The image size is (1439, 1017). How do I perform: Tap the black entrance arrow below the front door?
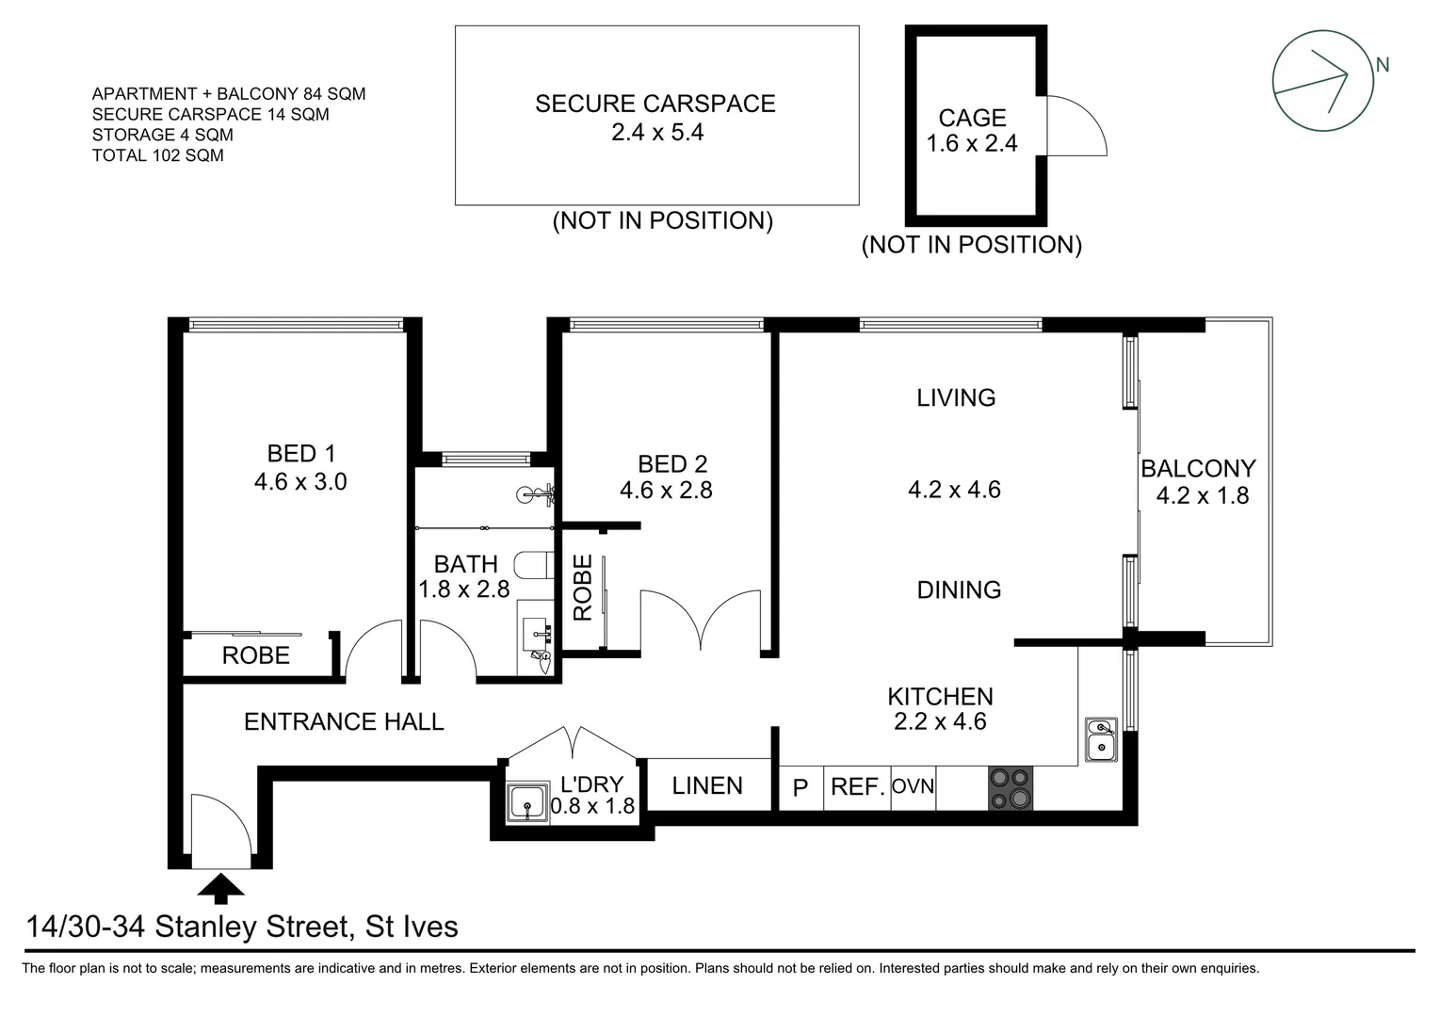[221, 888]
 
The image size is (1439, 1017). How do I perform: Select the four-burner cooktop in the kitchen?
[1010, 788]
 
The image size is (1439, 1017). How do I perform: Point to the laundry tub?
[526, 803]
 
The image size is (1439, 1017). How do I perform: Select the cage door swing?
[1075, 126]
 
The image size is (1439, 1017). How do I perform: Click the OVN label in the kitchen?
[912, 785]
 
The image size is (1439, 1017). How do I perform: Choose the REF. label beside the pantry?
[857, 786]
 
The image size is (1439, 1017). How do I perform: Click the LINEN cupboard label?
[707, 785]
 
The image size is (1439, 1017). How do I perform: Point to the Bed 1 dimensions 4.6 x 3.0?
[300, 482]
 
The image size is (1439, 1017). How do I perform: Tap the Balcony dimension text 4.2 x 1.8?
[1203, 496]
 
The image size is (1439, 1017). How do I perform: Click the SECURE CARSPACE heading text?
[655, 104]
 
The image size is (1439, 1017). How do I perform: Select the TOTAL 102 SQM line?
[158, 155]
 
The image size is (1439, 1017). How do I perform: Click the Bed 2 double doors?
[700, 619]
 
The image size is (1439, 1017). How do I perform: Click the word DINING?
[959, 590]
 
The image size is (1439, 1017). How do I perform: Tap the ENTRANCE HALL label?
[344, 722]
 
